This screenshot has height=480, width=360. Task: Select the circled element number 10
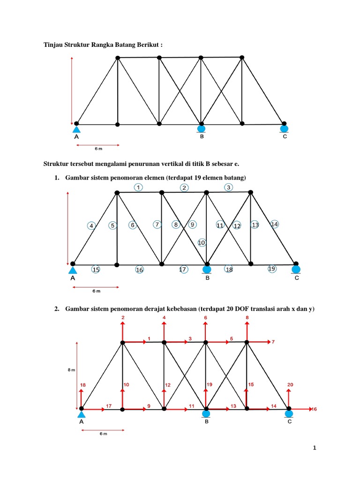tap(202, 243)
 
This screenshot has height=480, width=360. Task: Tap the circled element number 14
tap(275, 225)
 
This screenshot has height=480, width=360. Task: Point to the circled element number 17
tap(183, 270)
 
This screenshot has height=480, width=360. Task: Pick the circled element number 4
tap(91, 226)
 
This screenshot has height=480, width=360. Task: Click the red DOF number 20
tap(290, 385)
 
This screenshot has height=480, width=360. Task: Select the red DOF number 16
tap(315, 409)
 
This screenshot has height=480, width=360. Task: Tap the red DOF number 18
tap(83, 385)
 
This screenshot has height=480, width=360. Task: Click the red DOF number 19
tap(210, 385)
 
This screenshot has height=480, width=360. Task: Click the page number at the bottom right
tap(315, 448)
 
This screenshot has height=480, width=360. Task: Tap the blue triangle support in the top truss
tap(77, 129)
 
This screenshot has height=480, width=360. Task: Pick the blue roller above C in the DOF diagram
tap(289, 413)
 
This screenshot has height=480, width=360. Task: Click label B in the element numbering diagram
tap(207, 278)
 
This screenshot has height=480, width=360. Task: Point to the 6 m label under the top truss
tap(98, 149)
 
